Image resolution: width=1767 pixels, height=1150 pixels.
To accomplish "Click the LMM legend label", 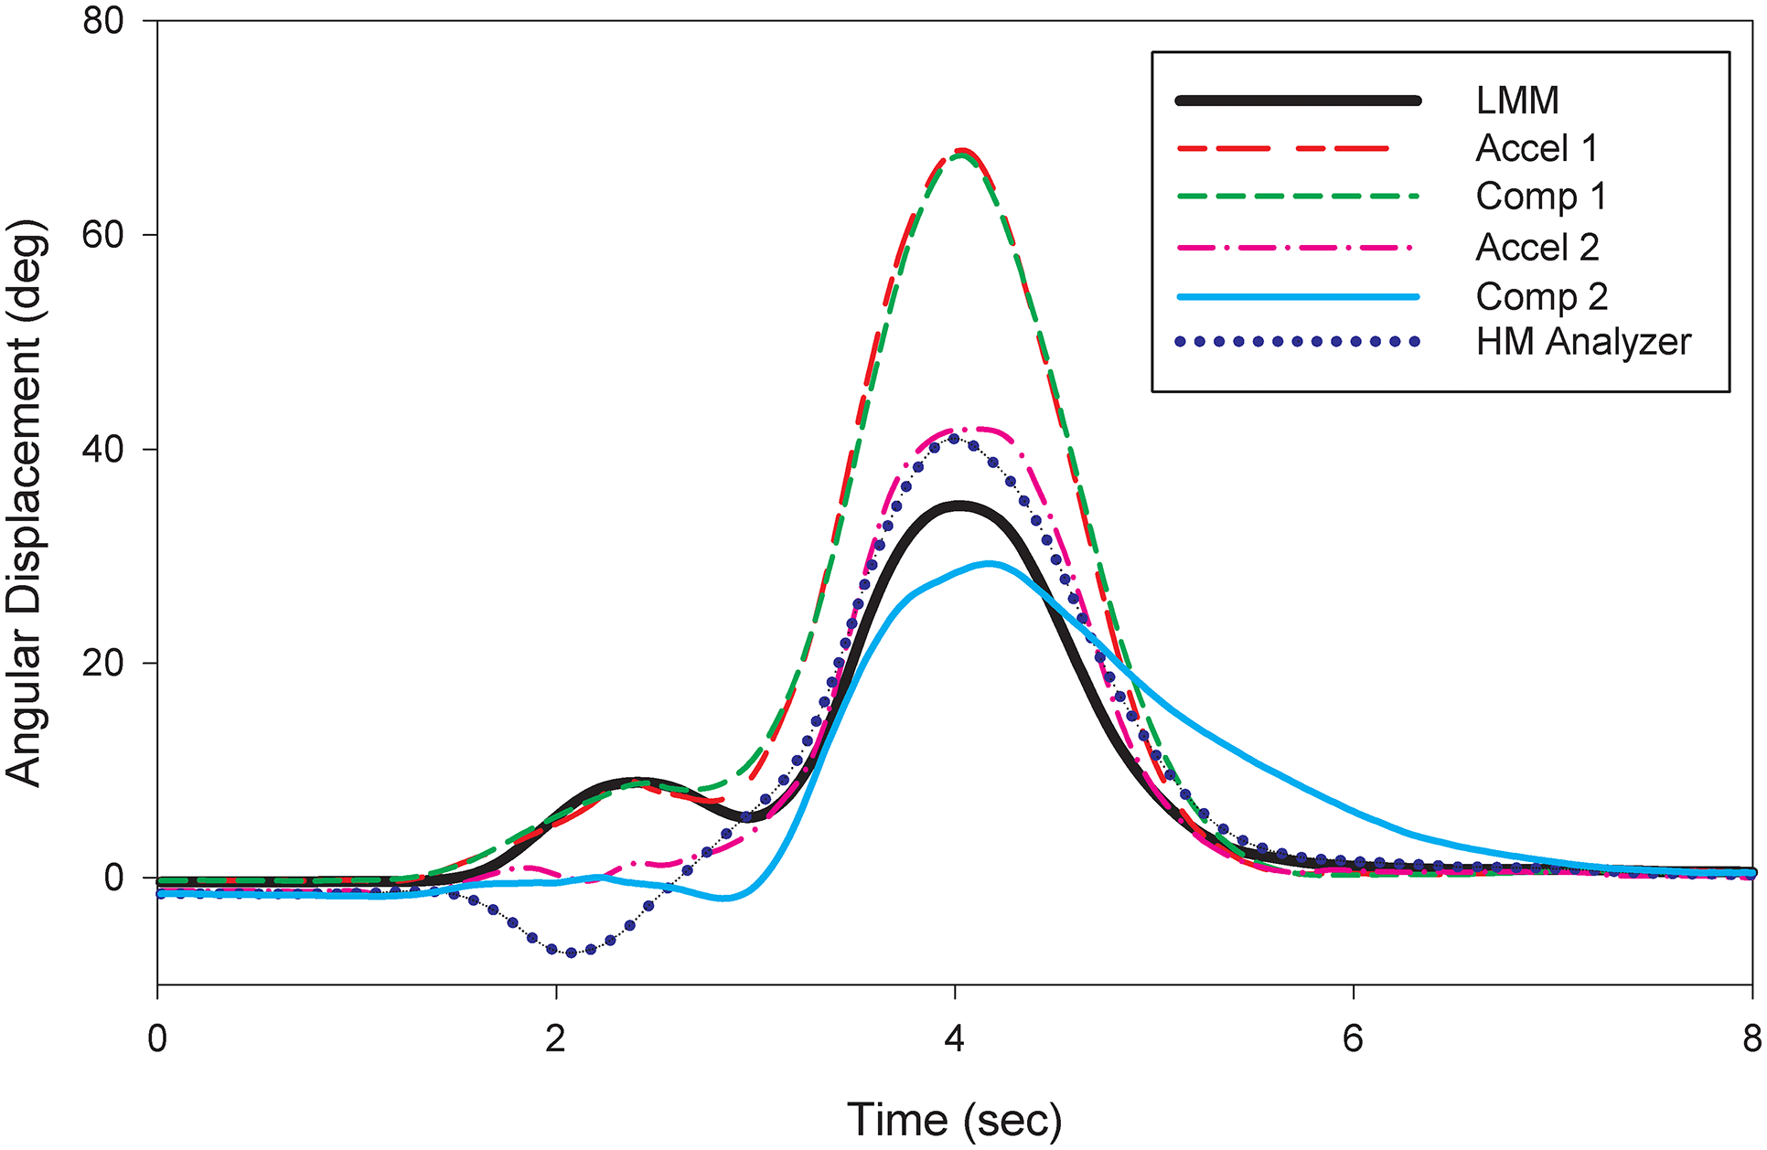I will [1517, 101].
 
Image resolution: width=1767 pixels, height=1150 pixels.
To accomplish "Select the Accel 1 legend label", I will [1537, 148].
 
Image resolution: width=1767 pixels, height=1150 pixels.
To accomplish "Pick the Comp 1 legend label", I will [1541, 197].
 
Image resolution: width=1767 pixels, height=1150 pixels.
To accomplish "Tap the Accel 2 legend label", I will [1537, 247].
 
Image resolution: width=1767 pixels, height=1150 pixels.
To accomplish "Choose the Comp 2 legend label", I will [1542, 296].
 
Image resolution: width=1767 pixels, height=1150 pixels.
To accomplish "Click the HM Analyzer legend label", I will [1583, 342].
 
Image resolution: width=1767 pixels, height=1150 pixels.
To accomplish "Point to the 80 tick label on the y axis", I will [102, 20].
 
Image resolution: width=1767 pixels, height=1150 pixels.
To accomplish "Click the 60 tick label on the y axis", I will [102, 235].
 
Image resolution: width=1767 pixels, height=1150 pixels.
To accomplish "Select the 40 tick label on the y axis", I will [102, 449].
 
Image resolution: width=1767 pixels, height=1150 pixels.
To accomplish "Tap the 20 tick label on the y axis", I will [102, 664].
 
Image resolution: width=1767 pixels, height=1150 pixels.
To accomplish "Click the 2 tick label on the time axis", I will [555, 1039].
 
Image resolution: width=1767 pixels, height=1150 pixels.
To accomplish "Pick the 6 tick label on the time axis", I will [1353, 1039].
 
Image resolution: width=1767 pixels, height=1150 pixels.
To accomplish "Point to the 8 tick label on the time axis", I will [1751, 1039].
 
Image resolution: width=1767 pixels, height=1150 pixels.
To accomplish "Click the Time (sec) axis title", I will [954, 1119].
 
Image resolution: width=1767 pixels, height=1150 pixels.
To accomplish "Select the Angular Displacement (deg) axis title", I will [25, 503].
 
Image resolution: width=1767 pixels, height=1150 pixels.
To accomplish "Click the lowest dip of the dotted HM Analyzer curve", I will [573, 953].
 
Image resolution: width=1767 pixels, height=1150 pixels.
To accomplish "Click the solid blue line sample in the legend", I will [1297, 296].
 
